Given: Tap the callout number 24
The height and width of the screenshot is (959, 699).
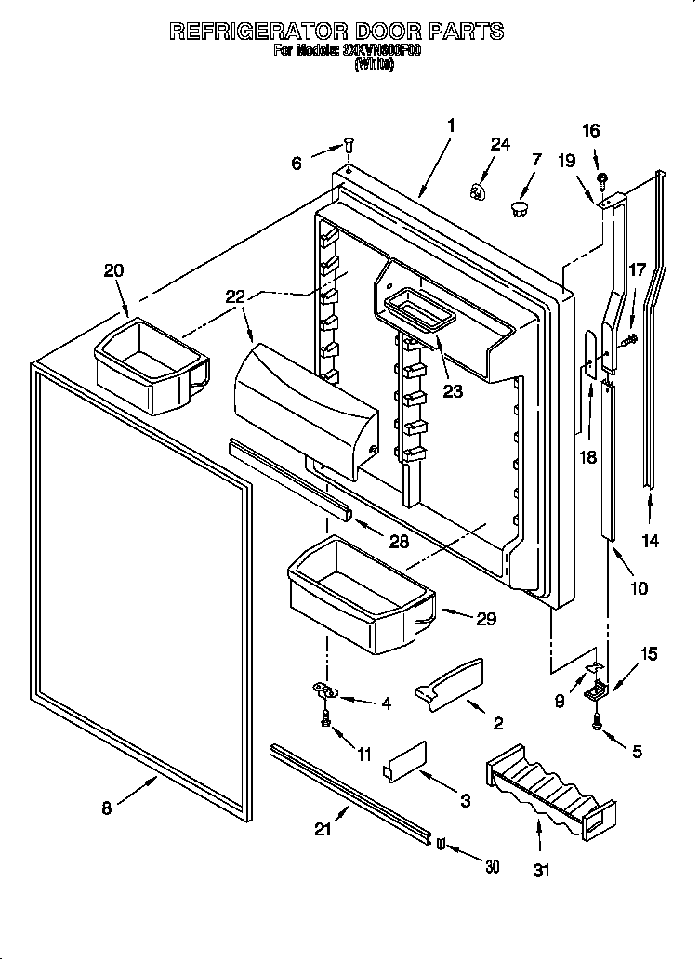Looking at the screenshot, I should click(x=500, y=144).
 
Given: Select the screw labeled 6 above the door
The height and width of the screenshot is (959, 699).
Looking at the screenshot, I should click(x=348, y=145).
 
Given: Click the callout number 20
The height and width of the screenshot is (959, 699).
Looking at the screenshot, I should click(x=112, y=270).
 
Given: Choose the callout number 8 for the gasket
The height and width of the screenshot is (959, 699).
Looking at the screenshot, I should click(x=107, y=808).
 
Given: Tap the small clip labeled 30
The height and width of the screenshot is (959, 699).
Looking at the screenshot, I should click(x=441, y=844).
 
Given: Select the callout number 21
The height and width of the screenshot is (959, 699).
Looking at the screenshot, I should click(x=323, y=830).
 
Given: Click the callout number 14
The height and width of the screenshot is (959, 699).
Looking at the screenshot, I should click(x=651, y=541).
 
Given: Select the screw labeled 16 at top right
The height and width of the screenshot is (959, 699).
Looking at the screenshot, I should click(x=602, y=177).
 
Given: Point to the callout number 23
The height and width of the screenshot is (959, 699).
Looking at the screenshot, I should click(x=452, y=391).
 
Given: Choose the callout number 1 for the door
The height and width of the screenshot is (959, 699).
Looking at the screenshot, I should click(x=450, y=125).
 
